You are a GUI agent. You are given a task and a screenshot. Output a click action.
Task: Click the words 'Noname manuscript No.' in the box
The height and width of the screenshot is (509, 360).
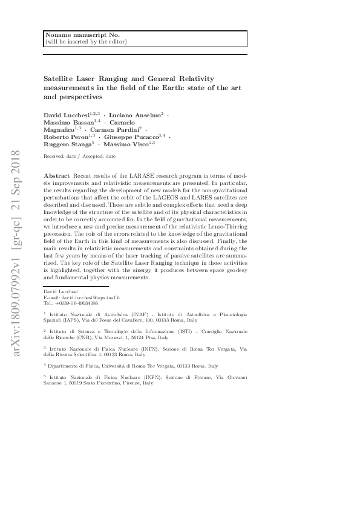(74, 35)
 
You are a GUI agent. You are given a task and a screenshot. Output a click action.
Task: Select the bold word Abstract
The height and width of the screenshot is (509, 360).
(56, 175)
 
